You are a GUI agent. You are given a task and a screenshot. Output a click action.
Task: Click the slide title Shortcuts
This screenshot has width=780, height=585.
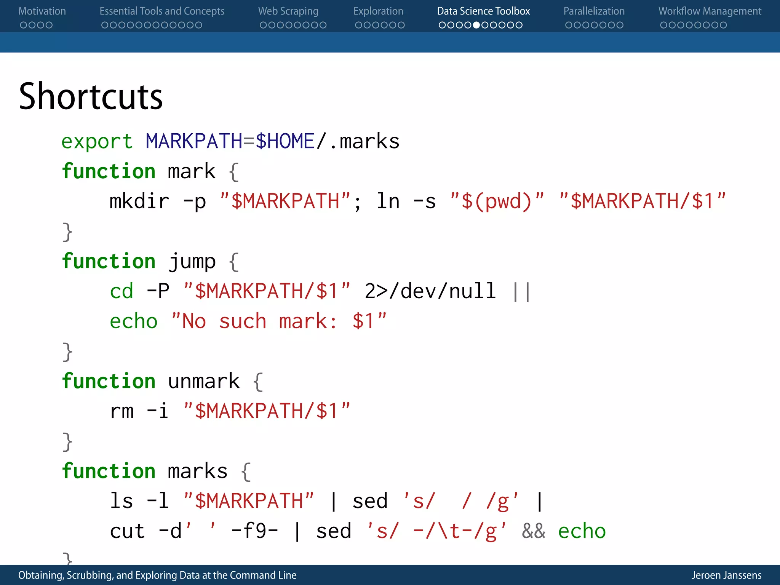point(91,97)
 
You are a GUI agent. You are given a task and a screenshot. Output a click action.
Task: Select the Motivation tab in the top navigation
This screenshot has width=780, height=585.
point(42,11)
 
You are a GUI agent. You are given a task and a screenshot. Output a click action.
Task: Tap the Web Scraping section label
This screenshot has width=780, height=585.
point(288,11)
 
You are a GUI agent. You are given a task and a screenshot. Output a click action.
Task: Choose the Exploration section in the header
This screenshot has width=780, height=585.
point(378,11)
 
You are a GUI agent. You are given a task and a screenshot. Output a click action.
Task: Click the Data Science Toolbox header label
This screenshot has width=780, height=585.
point(483,11)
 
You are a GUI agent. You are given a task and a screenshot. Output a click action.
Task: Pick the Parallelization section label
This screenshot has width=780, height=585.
point(594,11)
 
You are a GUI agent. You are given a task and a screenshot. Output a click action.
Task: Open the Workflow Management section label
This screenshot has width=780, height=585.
point(710,11)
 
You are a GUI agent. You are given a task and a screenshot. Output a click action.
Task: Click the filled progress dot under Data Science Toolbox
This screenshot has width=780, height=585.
point(476,25)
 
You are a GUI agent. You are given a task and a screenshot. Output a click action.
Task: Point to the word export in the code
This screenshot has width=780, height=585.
point(97,142)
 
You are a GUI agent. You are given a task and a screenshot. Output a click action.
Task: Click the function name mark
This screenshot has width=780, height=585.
point(192,171)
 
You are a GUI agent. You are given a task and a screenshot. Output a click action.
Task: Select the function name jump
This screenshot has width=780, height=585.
point(192,262)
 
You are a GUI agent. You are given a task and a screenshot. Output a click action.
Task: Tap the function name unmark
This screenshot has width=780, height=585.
point(204,382)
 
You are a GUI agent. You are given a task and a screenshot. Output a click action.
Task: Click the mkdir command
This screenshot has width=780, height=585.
point(139,201)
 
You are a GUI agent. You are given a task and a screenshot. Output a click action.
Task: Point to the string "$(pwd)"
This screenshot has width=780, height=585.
point(497,201)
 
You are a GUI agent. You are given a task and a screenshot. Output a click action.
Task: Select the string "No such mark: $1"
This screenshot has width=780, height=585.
point(279,321)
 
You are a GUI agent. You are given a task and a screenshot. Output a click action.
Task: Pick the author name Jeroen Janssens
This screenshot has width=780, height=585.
point(726,575)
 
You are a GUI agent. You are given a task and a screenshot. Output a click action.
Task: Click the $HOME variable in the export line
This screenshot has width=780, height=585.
point(285,142)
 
